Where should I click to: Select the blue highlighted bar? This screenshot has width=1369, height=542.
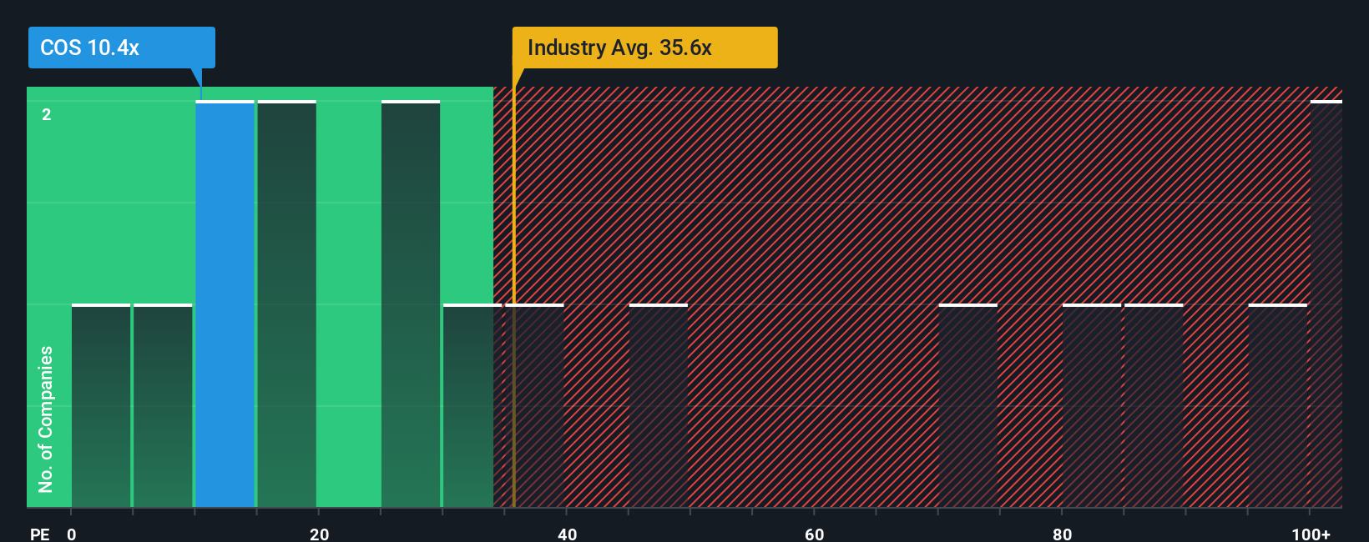pyautogui.click(x=225, y=304)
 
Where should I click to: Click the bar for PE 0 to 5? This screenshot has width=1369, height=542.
pyautogui.click(x=101, y=406)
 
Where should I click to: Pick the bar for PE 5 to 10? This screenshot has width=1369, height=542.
pyautogui.click(x=163, y=406)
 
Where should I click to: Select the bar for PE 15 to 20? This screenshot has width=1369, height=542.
pyautogui.click(x=286, y=304)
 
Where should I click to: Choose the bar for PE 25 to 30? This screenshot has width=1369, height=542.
pyautogui.click(x=411, y=304)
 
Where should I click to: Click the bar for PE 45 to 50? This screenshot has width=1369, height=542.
pyautogui.click(x=658, y=406)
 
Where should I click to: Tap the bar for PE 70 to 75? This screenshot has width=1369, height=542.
pyautogui.click(x=967, y=406)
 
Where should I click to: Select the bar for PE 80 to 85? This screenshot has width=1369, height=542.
pyautogui.click(x=1091, y=406)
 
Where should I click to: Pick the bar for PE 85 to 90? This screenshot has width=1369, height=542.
pyautogui.click(x=1154, y=406)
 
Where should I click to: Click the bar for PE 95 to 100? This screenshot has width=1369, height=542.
pyautogui.click(x=1277, y=406)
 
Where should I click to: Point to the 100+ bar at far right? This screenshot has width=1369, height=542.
pyautogui.click(x=1326, y=304)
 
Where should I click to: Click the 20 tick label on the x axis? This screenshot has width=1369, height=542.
pyautogui.click(x=319, y=534)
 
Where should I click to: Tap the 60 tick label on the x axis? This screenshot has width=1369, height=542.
pyautogui.click(x=814, y=534)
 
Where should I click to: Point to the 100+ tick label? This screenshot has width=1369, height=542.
pyautogui.click(x=1311, y=534)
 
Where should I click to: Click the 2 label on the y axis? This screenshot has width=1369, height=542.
pyautogui.click(x=47, y=114)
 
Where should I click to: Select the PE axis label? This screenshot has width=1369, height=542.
pyautogui.click(x=39, y=534)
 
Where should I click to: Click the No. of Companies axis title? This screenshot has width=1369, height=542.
pyautogui.click(x=46, y=419)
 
